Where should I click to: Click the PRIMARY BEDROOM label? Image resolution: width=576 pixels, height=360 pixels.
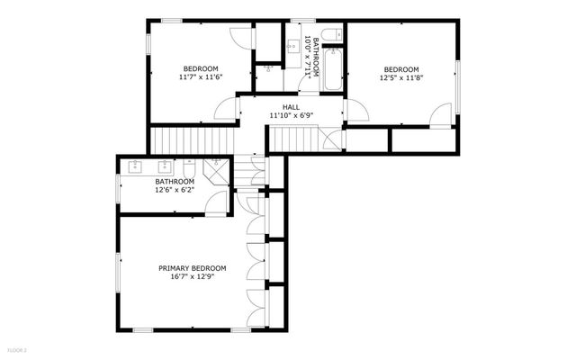(192, 268)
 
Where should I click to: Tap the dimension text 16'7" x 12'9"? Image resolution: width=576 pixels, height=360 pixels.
(192, 277)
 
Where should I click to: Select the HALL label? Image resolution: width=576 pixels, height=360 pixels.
(291, 107)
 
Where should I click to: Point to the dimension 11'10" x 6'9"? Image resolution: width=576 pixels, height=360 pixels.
(291, 116)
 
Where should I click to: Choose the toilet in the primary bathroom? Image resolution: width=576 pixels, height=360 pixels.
(190, 168)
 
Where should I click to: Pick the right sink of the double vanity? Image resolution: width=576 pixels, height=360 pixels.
(165, 166)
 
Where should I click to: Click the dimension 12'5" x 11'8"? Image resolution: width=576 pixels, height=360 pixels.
(401, 79)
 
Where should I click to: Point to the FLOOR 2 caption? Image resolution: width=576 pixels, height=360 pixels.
(17, 348)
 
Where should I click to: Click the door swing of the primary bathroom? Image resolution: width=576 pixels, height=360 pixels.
(216, 202)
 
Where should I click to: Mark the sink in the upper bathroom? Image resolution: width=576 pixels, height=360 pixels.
(293, 43)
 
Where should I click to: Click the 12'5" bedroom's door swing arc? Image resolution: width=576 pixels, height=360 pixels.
(440, 114)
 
